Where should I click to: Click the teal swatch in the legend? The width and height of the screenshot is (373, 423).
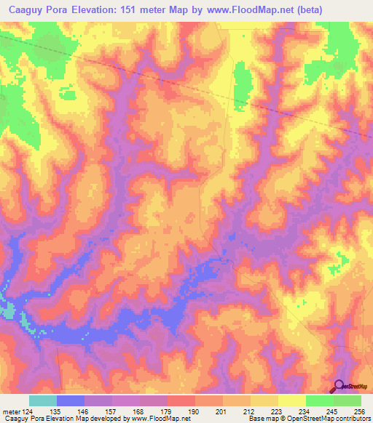click(x=43, y=401)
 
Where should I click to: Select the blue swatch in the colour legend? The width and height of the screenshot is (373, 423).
click(x=71, y=401)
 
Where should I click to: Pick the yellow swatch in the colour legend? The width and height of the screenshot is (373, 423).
click(x=291, y=401)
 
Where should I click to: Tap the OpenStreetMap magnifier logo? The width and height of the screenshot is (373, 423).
click(x=339, y=387)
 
